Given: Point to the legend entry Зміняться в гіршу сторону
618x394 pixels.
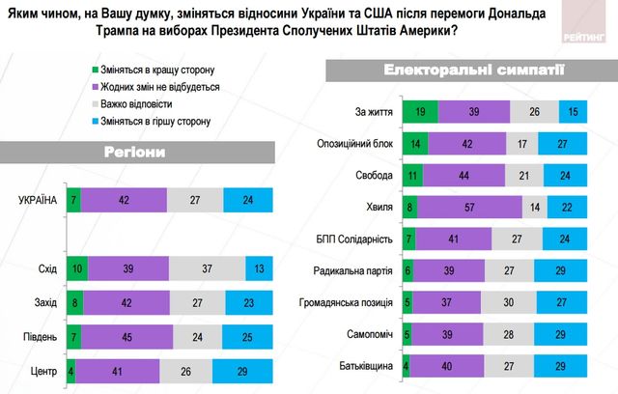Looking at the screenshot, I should [x=158, y=121].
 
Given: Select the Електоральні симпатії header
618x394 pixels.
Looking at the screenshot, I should [x=445, y=70].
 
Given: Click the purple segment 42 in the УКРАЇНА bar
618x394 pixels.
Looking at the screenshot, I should [x=125, y=200].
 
